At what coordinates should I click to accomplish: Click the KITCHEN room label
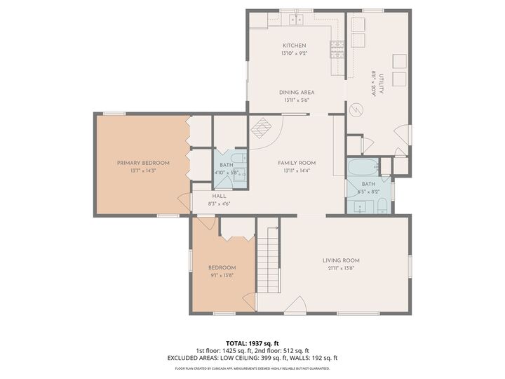(294, 46)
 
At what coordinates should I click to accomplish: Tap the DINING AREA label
(296, 92)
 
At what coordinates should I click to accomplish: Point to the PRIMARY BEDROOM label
(143, 162)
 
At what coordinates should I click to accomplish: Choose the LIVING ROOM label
(341, 260)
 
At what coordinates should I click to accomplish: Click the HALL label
(219, 196)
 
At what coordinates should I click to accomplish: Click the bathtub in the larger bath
(363, 168)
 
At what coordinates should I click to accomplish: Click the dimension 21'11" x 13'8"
(341, 268)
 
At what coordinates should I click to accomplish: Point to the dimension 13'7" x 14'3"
(143, 171)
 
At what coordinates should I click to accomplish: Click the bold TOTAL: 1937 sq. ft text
(252, 343)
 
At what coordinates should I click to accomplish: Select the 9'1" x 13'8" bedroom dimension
(222, 275)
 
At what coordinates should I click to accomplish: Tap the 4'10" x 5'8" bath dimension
(227, 171)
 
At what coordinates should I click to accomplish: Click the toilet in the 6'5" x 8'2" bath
(383, 206)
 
